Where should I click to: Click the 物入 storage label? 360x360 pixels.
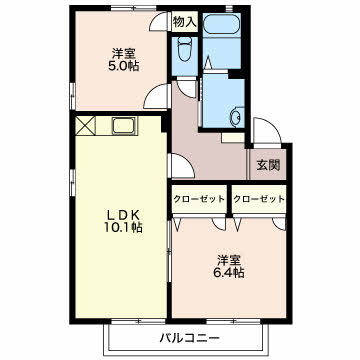coord(185,22)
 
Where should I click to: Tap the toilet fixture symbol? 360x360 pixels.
coord(185,49)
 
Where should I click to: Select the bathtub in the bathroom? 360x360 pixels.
coord(222,24)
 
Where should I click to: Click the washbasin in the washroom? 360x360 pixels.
coord(237,116)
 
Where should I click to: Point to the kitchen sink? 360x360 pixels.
coord(124,126)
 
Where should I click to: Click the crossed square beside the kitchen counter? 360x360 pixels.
coord(85,126)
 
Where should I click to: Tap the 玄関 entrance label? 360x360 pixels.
coord(268,165)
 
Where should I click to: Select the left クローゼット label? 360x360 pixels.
coord(199,199)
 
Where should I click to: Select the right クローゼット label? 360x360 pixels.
coord(259,199)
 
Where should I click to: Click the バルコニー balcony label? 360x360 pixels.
coord(189,339)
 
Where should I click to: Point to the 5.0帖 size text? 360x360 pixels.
coord(123,66)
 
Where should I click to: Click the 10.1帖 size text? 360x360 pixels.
coord(123,227)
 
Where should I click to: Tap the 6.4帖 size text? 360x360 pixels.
coord(228,272)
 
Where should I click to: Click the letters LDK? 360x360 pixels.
coord(123,215)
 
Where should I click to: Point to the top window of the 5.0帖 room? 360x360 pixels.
coord(133,8)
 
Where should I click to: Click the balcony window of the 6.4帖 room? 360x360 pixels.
coord(233,321)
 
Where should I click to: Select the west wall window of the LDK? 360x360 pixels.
coord(73,183)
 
